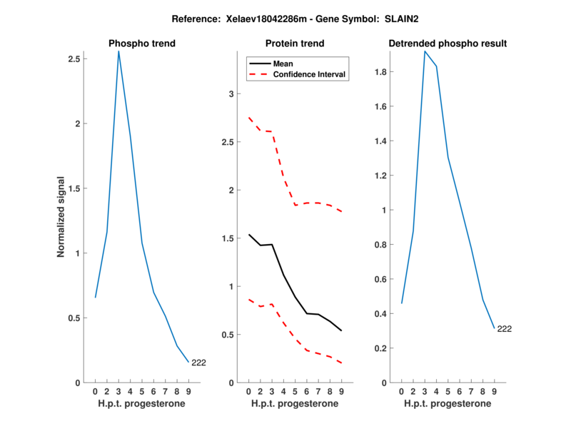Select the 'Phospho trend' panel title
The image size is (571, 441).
[x=141, y=44]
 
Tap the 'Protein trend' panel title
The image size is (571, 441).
[x=295, y=44]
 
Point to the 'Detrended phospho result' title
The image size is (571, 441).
[x=448, y=44]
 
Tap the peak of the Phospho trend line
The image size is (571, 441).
[x=118, y=51]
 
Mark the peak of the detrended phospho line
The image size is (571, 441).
[x=424, y=51]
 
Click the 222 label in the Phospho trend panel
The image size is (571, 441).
[x=198, y=363]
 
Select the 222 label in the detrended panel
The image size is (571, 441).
[x=504, y=329]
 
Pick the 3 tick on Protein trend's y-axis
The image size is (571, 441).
[x=231, y=93]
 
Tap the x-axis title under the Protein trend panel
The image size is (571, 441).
[x=295, y=404]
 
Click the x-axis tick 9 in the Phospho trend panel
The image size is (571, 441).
[x=188, y=391]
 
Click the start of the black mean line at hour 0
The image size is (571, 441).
[x=248, y=235]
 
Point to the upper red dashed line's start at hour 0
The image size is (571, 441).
[x=248, y=118]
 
